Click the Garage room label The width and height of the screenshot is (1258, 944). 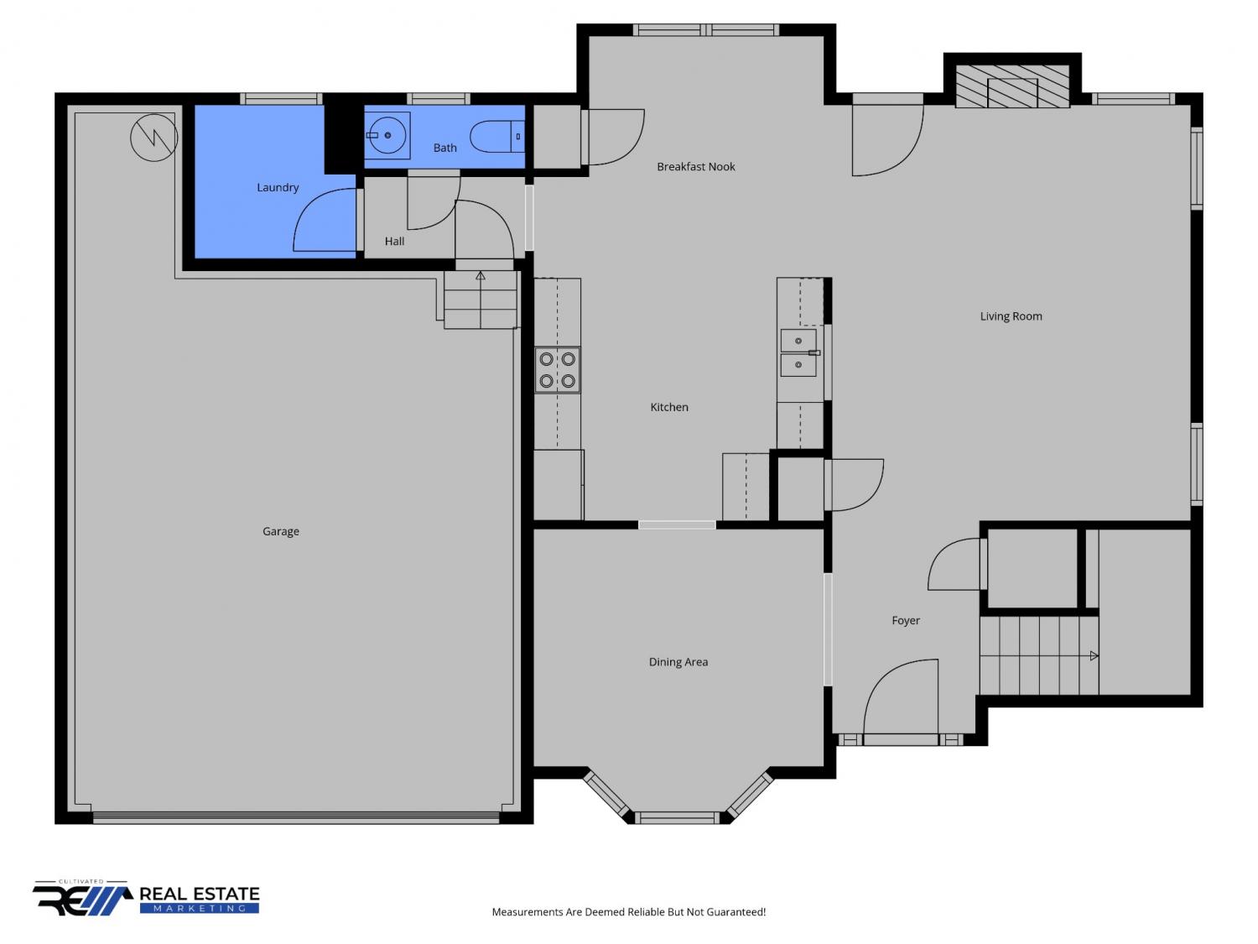coord(280,531)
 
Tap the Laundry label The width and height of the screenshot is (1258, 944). coord(278,187)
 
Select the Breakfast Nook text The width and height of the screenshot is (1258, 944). coord(695,167)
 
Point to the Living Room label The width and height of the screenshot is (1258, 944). coord(1011,316)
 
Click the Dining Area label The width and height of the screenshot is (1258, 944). coord(678,662)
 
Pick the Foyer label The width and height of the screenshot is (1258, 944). coord(906,621)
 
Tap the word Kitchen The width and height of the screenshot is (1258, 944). coord(668,408)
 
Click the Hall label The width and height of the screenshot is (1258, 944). coord(394,242)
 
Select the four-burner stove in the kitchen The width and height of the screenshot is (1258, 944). coord(557,370)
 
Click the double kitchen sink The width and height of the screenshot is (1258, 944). coord(798,352)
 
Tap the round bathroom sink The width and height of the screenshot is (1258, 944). coord(387,136)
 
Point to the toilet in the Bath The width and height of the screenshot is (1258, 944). coord(496,137)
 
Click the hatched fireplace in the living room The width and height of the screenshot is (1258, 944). coord(1012,86)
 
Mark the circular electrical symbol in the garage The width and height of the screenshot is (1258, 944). coord(153,138)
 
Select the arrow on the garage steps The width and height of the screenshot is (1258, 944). coord(481,276)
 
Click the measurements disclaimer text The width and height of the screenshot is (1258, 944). coord(629,912)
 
